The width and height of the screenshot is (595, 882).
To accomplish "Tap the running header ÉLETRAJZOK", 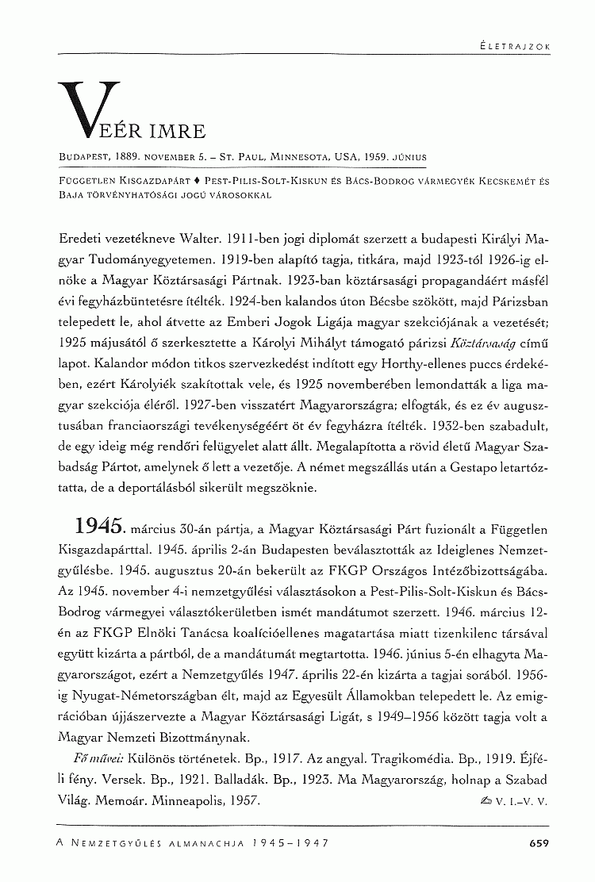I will coord(516,46).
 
